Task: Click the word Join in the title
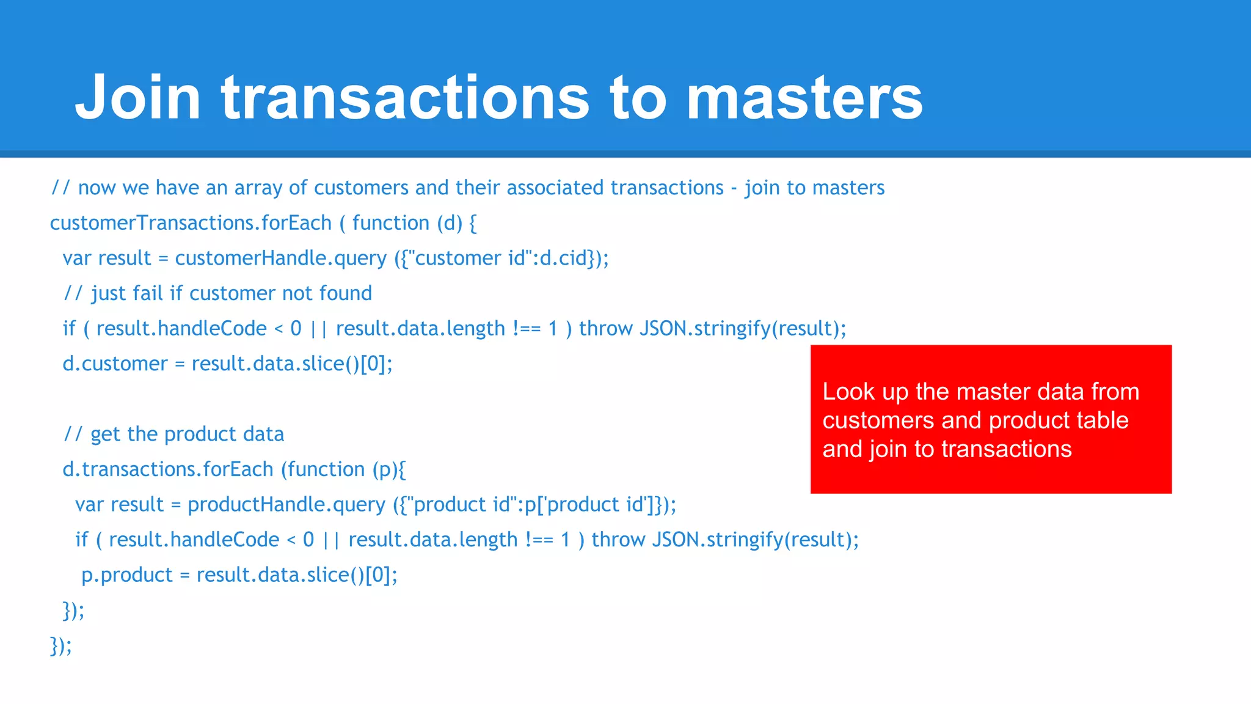(138, 98)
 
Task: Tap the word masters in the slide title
(804, 98)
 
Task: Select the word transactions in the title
(405, 98)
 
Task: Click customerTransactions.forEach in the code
(191, 223)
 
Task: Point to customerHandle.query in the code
(280, 258)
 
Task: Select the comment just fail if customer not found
(231, 294)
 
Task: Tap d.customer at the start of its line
(115, 364)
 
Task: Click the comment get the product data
(187, 435)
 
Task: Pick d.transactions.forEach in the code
(167, 469)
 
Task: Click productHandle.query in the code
(286, 505)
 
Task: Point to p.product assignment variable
(127, 575)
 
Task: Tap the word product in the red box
(1026, 420)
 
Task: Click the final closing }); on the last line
(60, 645)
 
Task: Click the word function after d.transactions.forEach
(327, 469)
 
